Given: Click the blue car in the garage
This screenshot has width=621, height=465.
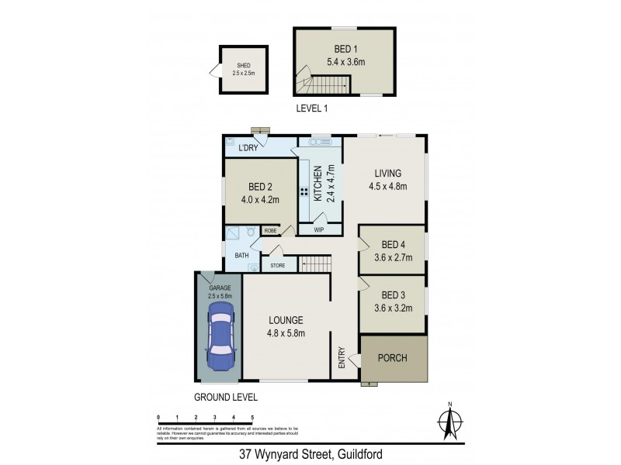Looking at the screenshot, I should tap(220, 339).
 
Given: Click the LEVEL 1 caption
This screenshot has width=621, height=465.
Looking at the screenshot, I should tap(312, 108).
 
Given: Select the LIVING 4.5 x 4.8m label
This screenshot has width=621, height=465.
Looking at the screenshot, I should tap(387, 179).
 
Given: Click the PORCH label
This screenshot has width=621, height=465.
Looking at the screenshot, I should tap(392, 358).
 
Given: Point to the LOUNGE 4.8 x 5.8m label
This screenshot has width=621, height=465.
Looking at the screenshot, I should tap(286, 326).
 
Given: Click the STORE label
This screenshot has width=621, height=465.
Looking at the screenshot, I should tap(277, 266).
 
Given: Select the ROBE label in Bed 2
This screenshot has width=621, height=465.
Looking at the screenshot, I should tap(271, 230).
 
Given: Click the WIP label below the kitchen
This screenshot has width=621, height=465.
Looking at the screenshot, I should tap(319, 230).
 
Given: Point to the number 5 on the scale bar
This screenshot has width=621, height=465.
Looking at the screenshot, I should tap(252, 418).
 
